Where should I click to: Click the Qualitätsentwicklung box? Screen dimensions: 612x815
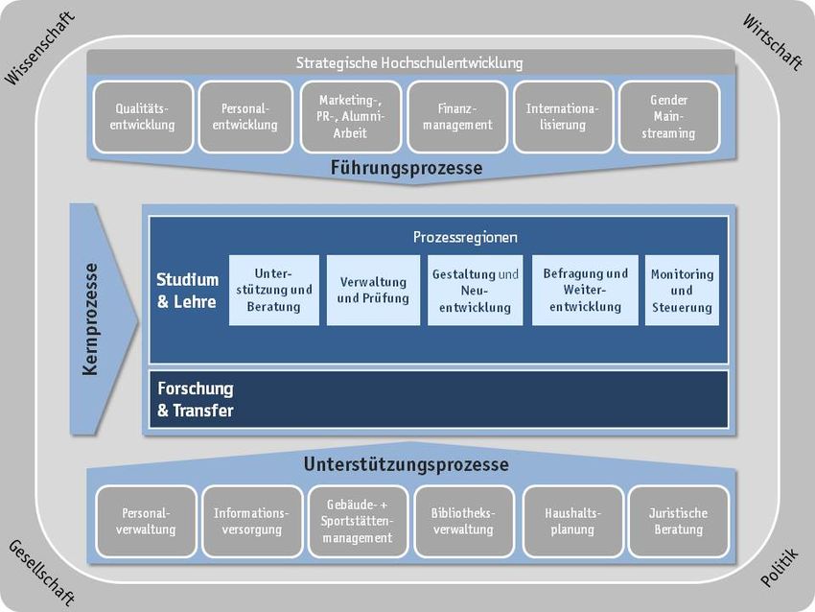[143, 117]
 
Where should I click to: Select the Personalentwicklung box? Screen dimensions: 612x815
[244, 117]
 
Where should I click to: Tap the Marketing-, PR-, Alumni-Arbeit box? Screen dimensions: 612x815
[349, 117]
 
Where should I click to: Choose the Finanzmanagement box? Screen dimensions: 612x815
[456, 117]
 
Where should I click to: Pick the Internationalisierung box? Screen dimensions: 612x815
[562, 117]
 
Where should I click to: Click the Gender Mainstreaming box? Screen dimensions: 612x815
[668, 117]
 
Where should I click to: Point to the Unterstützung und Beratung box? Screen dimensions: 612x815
[273, 290]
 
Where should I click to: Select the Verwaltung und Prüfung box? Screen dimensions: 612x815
[373, 290]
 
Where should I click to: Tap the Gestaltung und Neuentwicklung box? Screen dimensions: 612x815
[476, 290]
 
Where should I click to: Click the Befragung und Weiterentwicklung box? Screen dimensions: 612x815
[585, 290]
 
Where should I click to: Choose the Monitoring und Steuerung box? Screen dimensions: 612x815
[682, 290]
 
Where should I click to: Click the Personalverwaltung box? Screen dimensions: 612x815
[148, 521]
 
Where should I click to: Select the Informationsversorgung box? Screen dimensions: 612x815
[250, 521]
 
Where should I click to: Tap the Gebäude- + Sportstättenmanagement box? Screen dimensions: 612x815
[358, 521]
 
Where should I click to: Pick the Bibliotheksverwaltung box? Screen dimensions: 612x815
[462, 521]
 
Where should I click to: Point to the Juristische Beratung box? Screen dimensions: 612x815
[678, 521]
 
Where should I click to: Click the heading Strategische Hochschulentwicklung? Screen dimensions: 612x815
[409, 63]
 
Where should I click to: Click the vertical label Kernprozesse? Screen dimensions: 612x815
[92, 318]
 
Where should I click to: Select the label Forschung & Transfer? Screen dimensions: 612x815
[196, 400]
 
